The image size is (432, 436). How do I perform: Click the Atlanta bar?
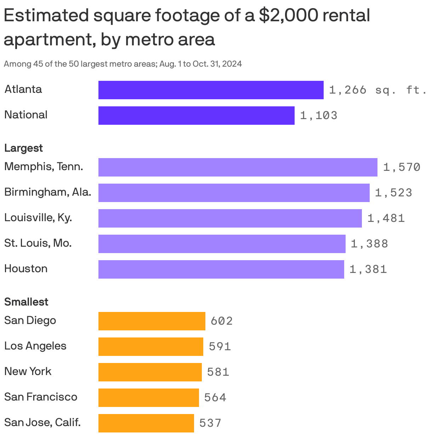point(211,90)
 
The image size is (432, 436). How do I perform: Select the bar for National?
point(196,116)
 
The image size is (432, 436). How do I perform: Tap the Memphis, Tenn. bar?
point(238,167)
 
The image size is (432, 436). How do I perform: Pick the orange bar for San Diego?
point(152,321)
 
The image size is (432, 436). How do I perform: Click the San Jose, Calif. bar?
point(146,423)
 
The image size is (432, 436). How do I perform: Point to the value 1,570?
point(402,167)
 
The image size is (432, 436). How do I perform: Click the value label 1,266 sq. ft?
point(377,90)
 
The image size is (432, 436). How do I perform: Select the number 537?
point(210,423)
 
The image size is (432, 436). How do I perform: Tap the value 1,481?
point(386,218)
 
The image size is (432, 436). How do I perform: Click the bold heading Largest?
point(23,148)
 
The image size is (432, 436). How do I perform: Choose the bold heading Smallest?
point(26,302)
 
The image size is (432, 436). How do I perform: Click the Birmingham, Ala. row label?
point(47,192)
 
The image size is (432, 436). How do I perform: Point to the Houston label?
point(26,269)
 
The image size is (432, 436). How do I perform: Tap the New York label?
point(28,371)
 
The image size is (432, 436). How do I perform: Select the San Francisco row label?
point(41,397)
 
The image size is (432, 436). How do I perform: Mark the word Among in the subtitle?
point(17,64)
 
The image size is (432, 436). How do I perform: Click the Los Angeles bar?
point(150,347)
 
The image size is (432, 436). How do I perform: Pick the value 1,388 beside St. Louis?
point(369,244)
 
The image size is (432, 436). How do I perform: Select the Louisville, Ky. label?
point(38,218)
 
